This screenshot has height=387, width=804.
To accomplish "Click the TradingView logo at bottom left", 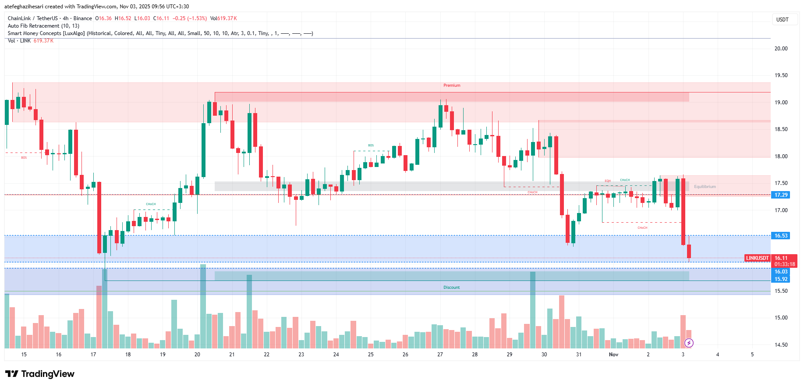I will (40, 374).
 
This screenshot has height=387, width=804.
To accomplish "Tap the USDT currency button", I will (782, 20).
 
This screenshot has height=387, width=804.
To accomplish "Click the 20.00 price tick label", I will (781, 49).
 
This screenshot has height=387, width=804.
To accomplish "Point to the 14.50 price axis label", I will (781, 345).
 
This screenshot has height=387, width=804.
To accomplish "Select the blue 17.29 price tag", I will (781, 195).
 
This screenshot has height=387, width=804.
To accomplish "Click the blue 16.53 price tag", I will (781, 236).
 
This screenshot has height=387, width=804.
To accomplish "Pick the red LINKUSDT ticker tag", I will (757, 258).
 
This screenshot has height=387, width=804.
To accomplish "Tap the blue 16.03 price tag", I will (781, 272).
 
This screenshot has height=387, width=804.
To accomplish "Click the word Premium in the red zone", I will (452, 85).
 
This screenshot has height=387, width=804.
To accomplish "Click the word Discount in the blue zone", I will (451, 288).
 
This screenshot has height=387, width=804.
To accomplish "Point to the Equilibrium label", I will (705, 187).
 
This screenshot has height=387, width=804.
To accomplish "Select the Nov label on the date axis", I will (613, 355).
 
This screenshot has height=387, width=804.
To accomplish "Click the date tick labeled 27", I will (440, 355).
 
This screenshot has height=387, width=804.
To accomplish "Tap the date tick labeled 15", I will (24, 355).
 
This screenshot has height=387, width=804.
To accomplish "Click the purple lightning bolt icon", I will (689, 343).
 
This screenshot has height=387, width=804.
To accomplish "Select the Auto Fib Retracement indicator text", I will (43, 26).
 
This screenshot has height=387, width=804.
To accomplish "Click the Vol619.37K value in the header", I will (223, 18).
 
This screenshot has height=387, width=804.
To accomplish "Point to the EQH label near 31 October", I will (608, 181).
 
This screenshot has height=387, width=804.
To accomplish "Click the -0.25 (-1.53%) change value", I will (189, 18).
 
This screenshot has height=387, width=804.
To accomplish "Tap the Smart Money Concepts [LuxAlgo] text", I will (46, 33).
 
